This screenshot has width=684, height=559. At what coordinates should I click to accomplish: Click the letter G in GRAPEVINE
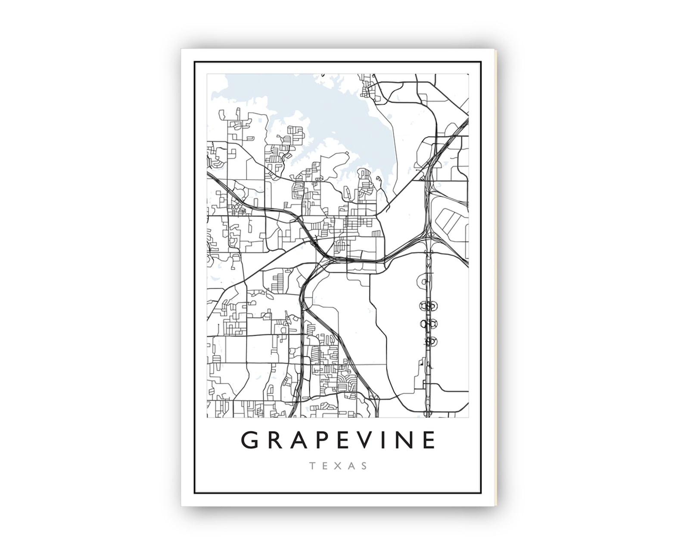251,440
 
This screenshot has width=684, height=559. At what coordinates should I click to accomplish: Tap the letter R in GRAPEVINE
277,440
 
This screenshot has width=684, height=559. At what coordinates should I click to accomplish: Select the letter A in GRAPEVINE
302,440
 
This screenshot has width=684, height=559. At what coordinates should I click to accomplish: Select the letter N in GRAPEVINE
408,440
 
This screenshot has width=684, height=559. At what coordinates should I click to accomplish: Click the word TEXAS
338,466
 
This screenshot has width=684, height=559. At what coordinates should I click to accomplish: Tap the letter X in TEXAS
339,466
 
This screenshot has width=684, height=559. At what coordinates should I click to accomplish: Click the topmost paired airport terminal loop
428,306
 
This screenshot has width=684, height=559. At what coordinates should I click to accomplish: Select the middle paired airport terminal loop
429,323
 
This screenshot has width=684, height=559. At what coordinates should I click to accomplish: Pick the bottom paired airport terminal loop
429,341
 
